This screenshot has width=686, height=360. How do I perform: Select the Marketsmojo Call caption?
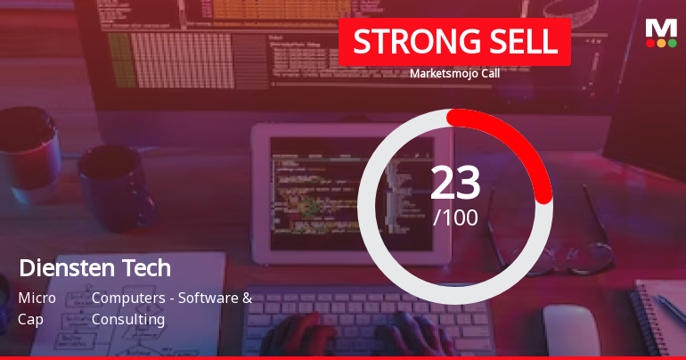pos(454,73)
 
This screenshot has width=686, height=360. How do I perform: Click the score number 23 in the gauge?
pos(455,183)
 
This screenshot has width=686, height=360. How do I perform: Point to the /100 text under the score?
pos(455,217)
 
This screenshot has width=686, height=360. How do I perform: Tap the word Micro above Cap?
pos(37,298)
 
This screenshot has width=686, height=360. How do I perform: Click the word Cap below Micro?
pos(30,318)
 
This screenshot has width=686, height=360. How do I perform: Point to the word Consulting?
pos(128,318)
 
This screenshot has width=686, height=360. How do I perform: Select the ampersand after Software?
pos(247,298)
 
